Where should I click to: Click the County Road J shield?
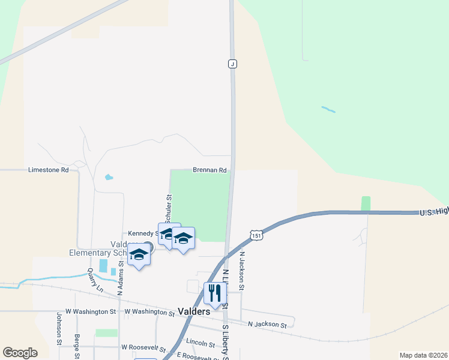232,64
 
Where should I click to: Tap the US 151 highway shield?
256,236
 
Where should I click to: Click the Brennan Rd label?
209,170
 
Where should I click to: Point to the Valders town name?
194,311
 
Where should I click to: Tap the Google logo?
20,352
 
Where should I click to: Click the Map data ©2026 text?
423,355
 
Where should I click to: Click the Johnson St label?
59,329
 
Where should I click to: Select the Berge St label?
77,347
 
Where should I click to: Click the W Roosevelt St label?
142,347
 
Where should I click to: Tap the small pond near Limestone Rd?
109,178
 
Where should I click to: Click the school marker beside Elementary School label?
139,255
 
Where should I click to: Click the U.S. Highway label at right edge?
433,211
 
